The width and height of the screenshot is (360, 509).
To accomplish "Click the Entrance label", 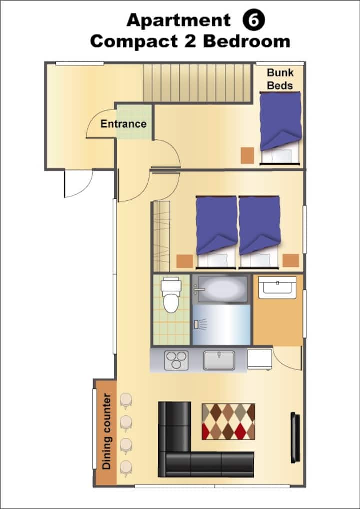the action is (x=123, y=124).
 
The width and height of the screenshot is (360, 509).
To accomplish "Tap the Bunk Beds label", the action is (x=280, y=79).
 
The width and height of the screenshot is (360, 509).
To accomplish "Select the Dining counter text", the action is (x=107, y=431).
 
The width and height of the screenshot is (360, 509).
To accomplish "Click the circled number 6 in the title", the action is (x=254, y=20).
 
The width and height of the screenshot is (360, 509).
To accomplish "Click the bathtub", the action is (x=221, y=289).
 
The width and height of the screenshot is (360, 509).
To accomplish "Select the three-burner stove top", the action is (x=176, y=360).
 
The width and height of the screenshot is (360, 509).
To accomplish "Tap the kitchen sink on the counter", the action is (x=219, y=360).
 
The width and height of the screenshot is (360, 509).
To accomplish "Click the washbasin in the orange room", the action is (x=277, y=287).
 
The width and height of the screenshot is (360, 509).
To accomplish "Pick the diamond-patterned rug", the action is (x=228, y=421).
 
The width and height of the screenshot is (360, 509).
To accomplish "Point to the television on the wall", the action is (x=295, y=437).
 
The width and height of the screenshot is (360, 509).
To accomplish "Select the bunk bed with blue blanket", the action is (x=281, y=128).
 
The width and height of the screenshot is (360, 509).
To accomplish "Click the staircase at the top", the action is (x=197, y=83).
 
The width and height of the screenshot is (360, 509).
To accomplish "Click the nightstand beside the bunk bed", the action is (x=247, y=155).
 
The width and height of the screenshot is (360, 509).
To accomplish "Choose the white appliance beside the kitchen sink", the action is (x=260, y=359).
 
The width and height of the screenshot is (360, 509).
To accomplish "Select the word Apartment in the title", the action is (x=179, y=21).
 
